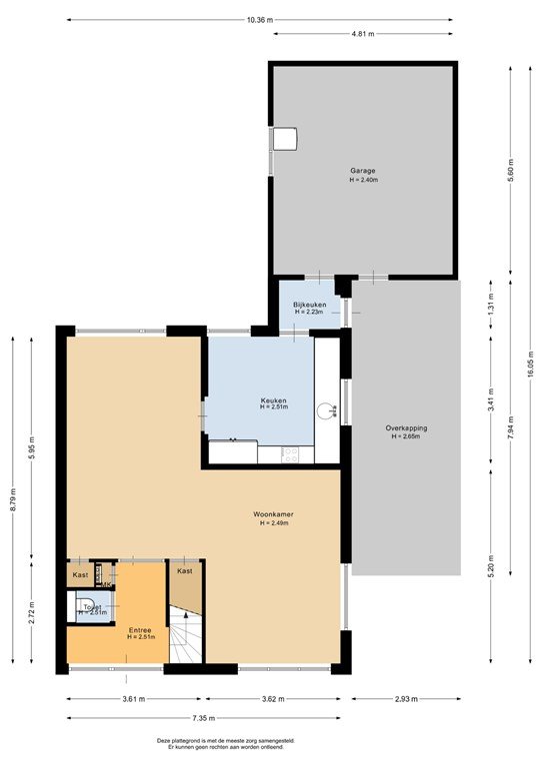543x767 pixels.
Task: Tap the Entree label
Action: [x=141, y=630]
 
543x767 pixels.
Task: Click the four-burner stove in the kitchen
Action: [x=292, y=453]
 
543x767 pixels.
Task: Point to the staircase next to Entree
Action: [x=185, y=637]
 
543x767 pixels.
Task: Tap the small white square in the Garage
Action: [x=286, y=138]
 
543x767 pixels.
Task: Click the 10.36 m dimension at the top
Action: [x=260, y=19]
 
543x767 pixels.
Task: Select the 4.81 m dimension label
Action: [x=363, y=34]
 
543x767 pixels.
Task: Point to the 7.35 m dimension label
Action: [x=203, y=717]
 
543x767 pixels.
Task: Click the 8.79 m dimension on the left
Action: [x=14, y=498]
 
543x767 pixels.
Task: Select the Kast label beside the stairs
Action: [x=185, y=571]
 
